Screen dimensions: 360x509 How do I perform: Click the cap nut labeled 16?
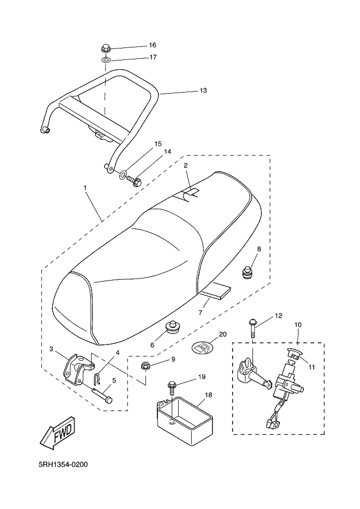(x=106, y=49)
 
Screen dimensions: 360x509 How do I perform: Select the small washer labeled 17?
(x=106, y=60)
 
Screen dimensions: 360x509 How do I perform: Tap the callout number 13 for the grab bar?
(x=203, y=90)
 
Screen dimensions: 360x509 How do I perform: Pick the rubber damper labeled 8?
(x=248, y=272)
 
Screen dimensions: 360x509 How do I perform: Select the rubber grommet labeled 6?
(x=173, y=327)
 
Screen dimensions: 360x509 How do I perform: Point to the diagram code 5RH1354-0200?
(x=63, y=465)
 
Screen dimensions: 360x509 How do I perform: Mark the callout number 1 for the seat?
(x=85, y=187)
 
